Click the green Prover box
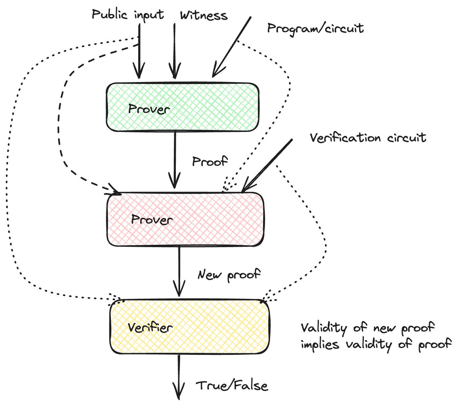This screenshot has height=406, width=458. tap(182, 107)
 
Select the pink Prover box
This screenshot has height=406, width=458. tap(185, 219)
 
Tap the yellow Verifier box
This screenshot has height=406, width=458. tap(190, 327)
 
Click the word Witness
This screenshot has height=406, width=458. tap(204, 15)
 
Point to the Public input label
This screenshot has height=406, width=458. tap(128, 15)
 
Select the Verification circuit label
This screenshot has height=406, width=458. tap(368, 138)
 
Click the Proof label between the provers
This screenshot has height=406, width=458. tap(210, 161)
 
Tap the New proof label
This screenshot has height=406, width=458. tap(229, 274)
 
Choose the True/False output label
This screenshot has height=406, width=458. tap(232, 385)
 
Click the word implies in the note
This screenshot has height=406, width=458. tap(320, 344)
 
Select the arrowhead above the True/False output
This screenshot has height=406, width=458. tap(179, 395)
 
